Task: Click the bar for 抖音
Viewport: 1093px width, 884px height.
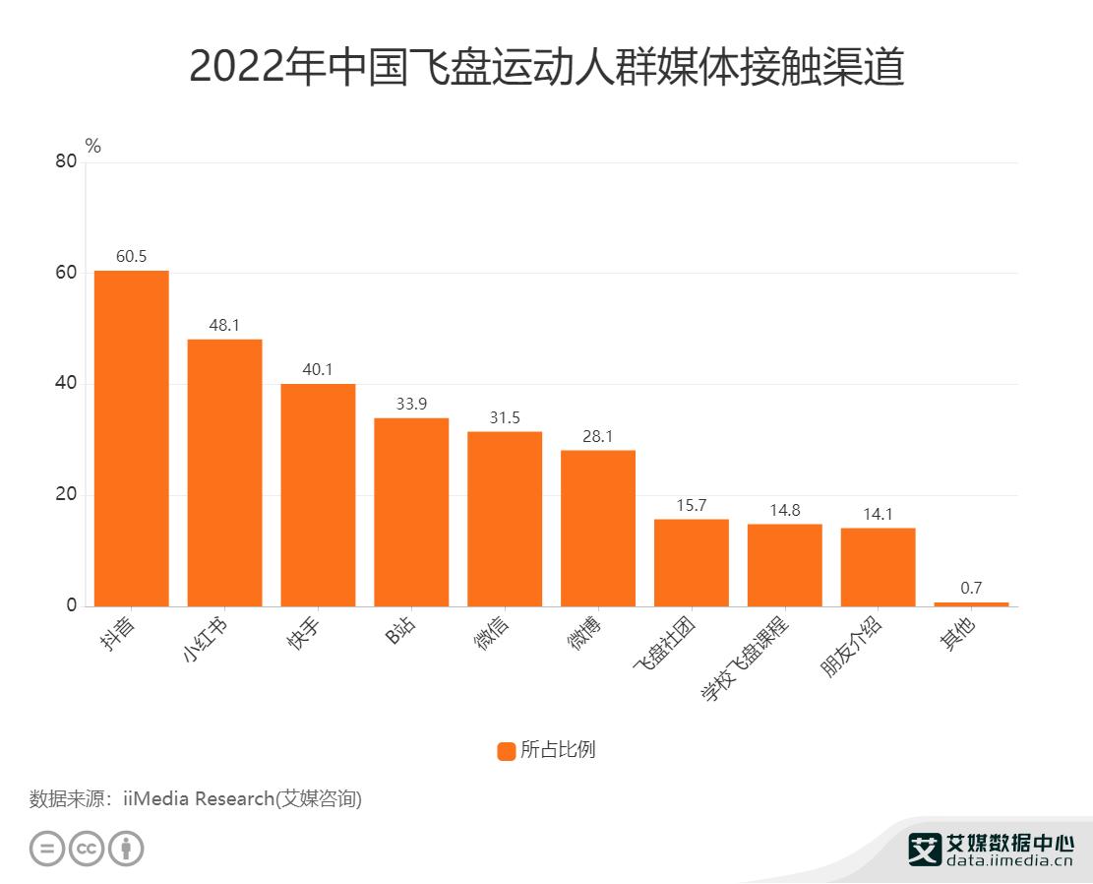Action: [x=131, y=438]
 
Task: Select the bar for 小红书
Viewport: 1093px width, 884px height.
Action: [x=224, y=473]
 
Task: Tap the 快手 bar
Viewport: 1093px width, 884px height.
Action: [x=318, y=494]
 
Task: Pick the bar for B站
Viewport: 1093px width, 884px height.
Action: [x=411, y=512]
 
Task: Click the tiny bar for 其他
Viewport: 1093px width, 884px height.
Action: [x=971, y=603]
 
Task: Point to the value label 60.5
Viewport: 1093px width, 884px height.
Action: [x=131, y=257]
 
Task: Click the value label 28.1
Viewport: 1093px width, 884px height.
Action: [x=597, y=436]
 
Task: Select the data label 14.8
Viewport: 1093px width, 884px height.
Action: [x=784, y=510]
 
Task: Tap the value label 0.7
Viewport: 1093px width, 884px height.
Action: [x=971, y=588]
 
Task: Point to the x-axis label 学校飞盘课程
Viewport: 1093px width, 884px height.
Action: [x=745, y=661]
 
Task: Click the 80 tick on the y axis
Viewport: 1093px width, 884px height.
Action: [x=65, y=162]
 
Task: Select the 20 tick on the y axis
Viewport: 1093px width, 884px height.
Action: [x=65, y=495]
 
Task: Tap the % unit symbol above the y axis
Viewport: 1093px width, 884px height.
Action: [x=93, y=146]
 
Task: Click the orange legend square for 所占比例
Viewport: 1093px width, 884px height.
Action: [x=507, y=751]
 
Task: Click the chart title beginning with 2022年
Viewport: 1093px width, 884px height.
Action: [x=546, y=68]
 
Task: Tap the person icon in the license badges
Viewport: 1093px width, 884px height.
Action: [x=126, y=849]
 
